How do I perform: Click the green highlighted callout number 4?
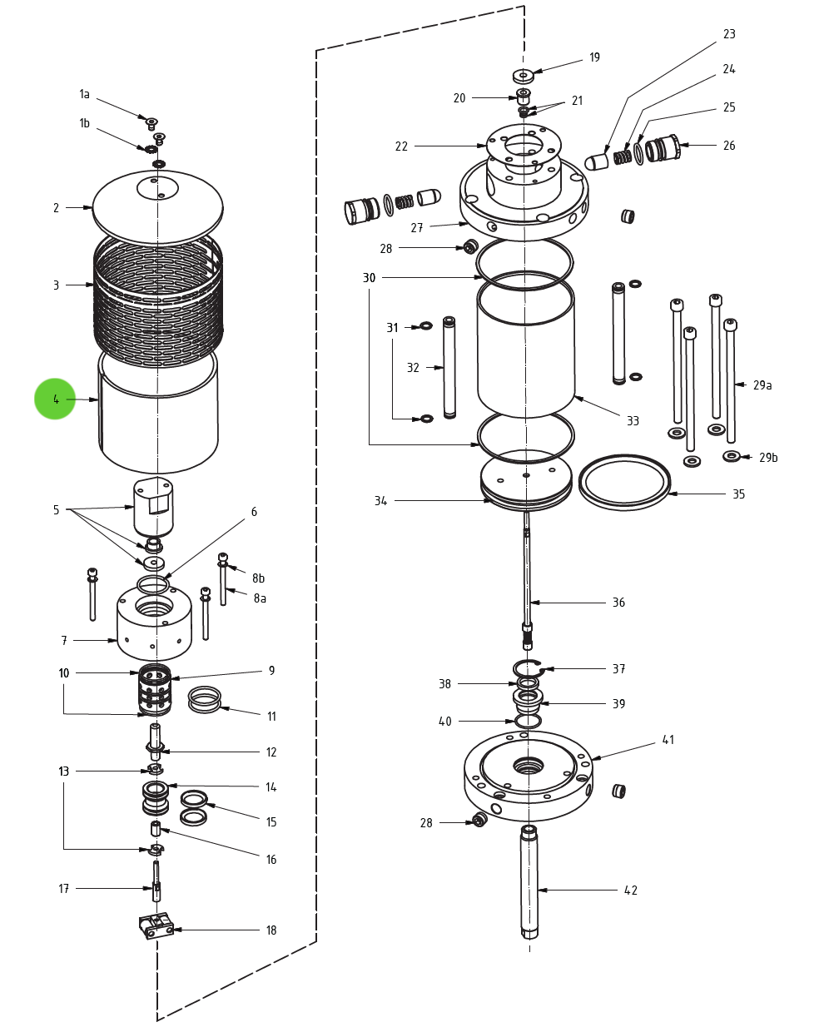[55, 399]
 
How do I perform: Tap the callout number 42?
[631, 891]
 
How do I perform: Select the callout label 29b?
[768, 458]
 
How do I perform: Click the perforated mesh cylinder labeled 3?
[158, 300]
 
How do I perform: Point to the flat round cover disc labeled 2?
[158, 208]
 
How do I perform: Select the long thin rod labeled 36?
[528, 574]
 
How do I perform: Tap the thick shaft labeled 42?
[529, 882]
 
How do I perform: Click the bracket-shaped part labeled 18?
[156, 925]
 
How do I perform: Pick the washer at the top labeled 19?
[523, 75]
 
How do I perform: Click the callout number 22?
[401, 146]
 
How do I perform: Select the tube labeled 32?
[449, 366]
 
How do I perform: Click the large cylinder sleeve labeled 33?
[526, 350]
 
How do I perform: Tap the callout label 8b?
[259, 578]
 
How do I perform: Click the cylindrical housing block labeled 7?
[154, 624]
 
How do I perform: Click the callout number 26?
[729, 146]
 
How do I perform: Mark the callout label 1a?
[84, 94]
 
